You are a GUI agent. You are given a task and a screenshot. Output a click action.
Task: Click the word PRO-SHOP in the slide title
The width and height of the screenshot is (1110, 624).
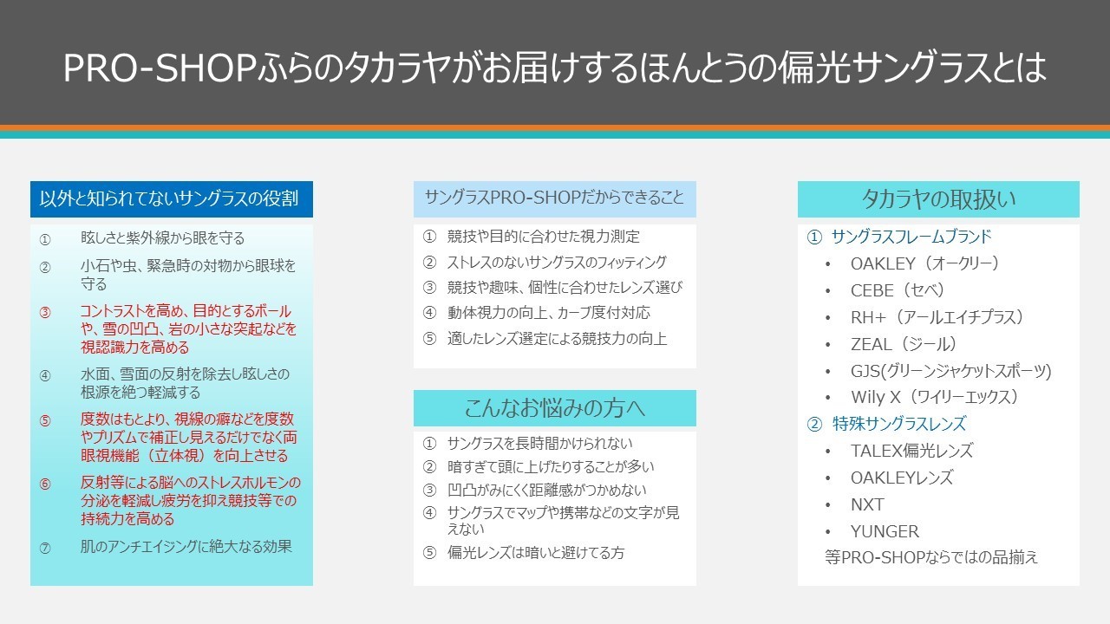pos(160,68)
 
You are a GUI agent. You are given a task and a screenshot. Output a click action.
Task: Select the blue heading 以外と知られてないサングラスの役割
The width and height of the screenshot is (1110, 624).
pos(169,198)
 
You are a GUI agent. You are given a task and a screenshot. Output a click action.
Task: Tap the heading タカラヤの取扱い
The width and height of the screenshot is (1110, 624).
pos(938,199)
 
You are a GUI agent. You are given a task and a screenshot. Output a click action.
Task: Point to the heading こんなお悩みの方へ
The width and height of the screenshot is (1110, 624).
pos(554,408)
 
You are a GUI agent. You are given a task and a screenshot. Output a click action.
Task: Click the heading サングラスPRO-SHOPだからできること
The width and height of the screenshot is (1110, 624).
pos(554,198)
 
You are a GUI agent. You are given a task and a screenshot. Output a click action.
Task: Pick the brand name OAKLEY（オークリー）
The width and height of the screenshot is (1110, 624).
pos(924,263)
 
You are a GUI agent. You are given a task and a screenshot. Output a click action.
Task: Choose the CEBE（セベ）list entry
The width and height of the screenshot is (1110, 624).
pos(898,290)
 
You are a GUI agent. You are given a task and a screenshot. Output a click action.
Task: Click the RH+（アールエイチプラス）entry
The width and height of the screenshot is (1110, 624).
pos(937,317)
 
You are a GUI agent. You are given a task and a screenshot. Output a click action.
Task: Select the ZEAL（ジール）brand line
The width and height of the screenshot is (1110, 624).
pos(904,344)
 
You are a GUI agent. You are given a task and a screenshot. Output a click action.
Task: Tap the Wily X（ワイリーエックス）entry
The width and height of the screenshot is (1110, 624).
pos(935,397)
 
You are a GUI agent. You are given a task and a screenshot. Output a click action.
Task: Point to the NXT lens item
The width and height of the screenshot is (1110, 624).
pos(867,504)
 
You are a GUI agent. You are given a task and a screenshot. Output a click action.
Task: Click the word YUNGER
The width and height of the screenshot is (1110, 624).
pos(885,531)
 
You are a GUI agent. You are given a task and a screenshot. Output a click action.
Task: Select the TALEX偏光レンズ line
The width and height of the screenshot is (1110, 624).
pos(911,451)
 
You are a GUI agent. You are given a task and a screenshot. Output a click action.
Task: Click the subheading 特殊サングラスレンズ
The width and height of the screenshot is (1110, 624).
pos(899,424)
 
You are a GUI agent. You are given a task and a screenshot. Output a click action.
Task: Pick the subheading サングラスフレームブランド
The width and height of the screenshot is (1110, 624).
pos(911,237)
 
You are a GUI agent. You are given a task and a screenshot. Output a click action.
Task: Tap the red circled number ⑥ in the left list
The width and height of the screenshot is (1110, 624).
pos(45,484)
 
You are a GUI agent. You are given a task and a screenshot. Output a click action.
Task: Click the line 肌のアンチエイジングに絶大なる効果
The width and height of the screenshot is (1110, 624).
pos(186,546)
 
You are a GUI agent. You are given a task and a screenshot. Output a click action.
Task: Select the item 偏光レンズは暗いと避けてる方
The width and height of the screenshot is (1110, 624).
pos(536,552)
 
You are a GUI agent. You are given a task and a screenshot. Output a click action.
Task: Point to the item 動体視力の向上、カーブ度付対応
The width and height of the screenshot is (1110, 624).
pos(549,313)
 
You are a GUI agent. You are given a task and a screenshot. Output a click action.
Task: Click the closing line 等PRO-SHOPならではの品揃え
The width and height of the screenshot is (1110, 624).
pos(931,557)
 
